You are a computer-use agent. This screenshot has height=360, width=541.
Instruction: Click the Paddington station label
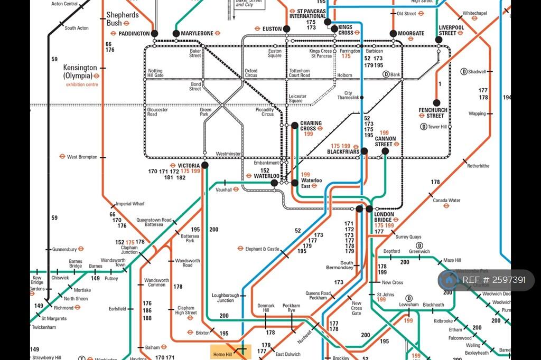[134, 33]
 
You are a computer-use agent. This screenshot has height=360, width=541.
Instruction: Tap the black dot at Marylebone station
[176, 33]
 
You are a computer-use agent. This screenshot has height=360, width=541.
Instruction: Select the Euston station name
[272, 29]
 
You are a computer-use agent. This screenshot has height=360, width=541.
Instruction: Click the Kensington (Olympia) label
[80, 72]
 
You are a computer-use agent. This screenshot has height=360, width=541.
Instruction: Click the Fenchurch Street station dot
[436, 103]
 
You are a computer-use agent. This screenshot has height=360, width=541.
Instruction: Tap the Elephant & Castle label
[265, 249]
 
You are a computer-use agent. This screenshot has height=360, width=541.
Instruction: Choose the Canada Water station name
[446, 201]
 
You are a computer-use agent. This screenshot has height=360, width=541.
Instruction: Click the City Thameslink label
[348, 95]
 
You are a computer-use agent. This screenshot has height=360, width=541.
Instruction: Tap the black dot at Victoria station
[205, 165]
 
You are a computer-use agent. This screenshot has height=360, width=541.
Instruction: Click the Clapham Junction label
[129, 250]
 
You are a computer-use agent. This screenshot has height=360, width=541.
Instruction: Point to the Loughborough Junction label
[225, 298]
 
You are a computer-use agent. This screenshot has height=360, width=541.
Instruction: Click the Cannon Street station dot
[385, 151]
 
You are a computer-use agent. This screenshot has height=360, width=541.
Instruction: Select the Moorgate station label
[411, 33]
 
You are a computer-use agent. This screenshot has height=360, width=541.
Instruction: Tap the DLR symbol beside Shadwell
[464, 72]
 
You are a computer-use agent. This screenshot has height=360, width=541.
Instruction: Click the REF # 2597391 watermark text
[494, 280]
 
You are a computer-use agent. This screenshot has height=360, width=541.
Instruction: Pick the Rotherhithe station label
[478, 166]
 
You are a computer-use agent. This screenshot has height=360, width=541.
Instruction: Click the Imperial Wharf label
[130, 204]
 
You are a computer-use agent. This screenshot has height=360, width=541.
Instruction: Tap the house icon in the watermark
[450, 280]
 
